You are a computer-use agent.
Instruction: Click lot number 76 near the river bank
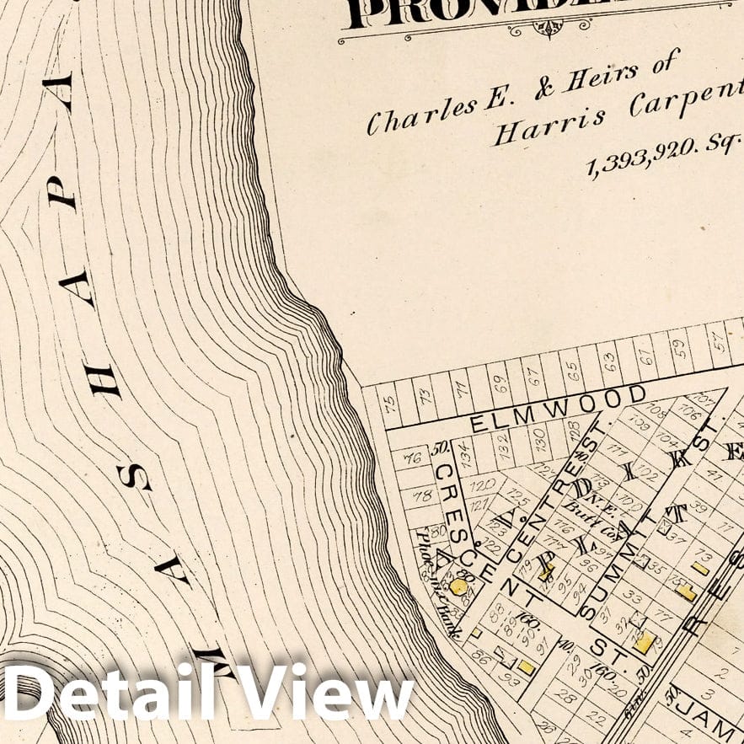pos(412,459)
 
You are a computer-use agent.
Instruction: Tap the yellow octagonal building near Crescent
pos(459,586)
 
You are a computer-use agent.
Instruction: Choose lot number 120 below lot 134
pos(481,486)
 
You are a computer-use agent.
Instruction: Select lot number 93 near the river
pos(507,674)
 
